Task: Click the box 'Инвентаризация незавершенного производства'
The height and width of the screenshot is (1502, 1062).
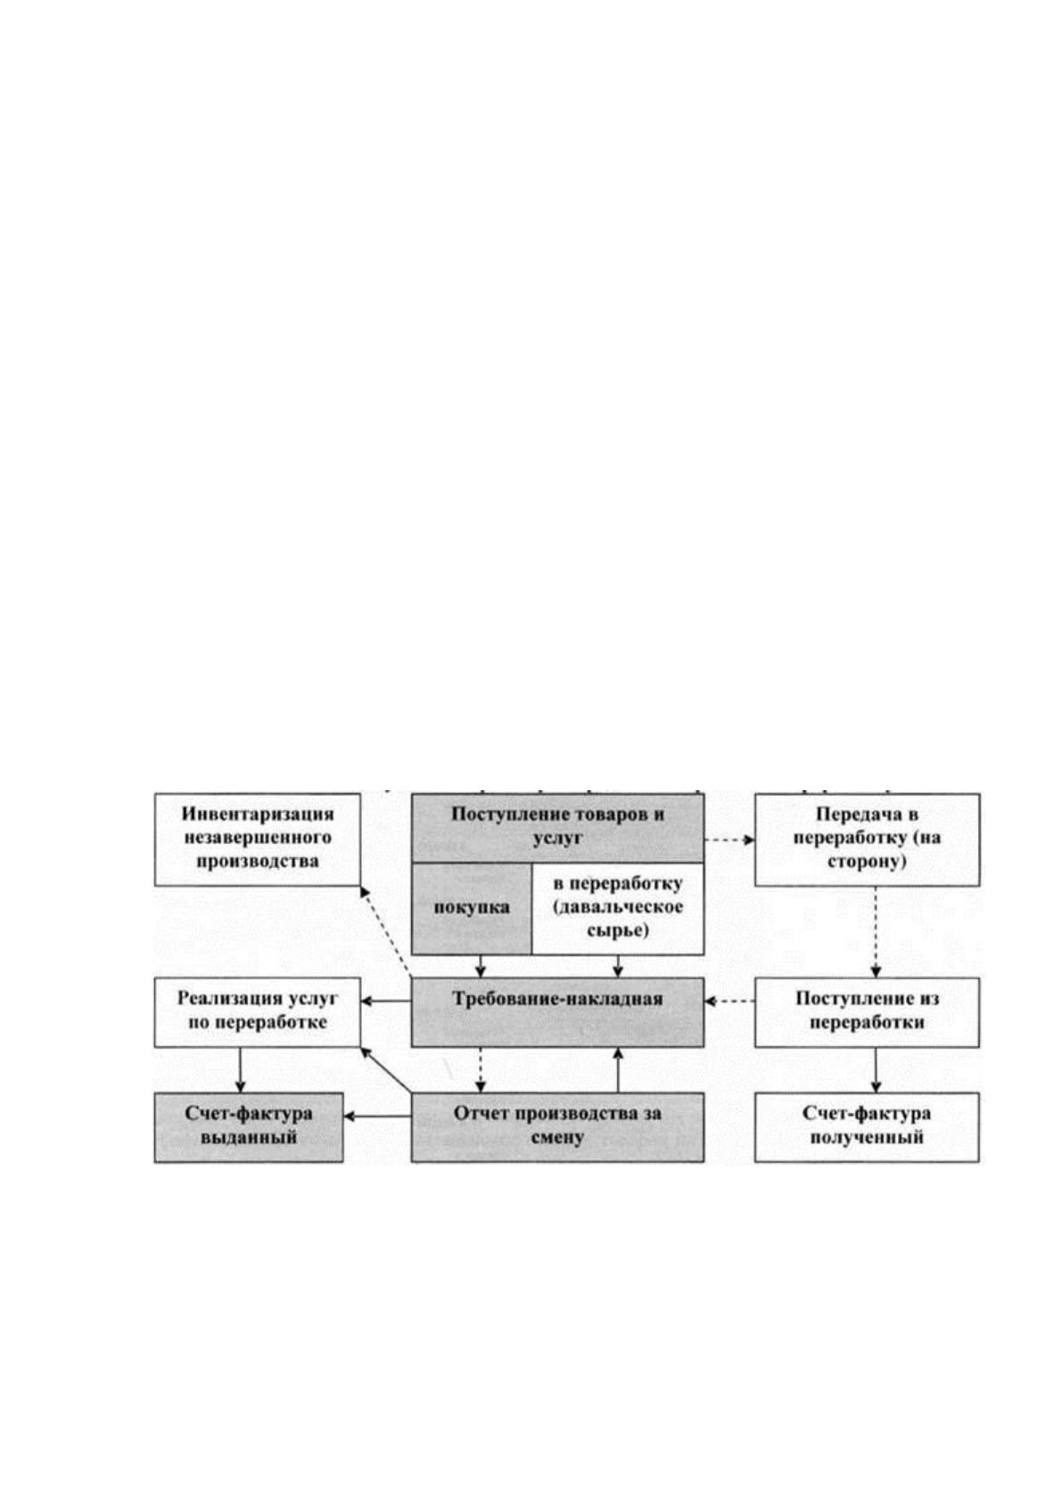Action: pos(258,838)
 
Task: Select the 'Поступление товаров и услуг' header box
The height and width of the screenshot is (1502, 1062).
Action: pos(557,828)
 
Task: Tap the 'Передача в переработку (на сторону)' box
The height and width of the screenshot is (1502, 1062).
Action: pos(867,838)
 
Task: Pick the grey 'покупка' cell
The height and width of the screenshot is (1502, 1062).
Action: pos(472,908)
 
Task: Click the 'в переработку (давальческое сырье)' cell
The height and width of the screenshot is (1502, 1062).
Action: pos(618,908)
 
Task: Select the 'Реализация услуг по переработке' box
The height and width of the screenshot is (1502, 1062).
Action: pos(258,1011)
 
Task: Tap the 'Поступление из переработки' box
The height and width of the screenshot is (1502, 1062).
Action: pos(867,1011)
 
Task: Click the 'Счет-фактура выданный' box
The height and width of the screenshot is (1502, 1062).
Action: pos(249,1126)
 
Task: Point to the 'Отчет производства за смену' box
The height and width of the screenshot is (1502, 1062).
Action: pos(557,1126)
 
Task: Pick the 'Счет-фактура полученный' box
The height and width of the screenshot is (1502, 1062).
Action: pos(867,1126)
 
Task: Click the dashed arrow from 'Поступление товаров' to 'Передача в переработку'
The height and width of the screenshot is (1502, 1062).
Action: pos(729,840)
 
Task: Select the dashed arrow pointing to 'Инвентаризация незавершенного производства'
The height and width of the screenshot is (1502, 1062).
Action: pos(385,932)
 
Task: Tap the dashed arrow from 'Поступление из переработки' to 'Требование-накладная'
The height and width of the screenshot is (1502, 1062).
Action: pos(729,1001)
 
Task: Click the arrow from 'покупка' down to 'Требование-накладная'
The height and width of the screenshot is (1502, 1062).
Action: pos(480,966)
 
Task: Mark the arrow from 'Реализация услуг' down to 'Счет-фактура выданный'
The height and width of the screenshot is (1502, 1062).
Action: pos(240,1069)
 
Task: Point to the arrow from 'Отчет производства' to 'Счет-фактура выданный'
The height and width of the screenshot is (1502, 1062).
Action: pos(377,1117)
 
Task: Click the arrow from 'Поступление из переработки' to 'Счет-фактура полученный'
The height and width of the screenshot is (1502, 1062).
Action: pos(876,1069)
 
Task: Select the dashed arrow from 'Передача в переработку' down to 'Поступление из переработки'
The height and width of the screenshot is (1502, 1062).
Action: pos(876,931)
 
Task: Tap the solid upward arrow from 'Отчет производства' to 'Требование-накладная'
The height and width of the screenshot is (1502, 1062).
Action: pos(618,1069)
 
